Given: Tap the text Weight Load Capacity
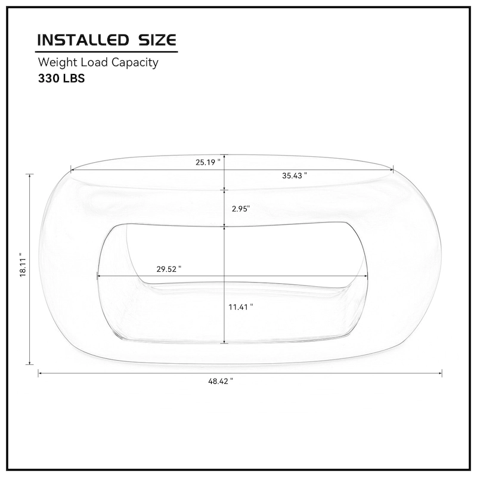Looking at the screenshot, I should click(x=98, y=62).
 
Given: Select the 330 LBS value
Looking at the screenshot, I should click(x=61, y=78).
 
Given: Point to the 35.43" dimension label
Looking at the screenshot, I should click(x=294, y=175).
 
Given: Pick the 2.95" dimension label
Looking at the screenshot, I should click(x=240, y=209).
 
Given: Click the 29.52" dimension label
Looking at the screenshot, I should click(x=169, y=269).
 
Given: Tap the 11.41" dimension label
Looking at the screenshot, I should click(x=241, y=306).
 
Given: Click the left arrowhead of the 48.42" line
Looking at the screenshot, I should click(x=39, y=373).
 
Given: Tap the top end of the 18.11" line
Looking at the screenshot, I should click(x=30, y=174).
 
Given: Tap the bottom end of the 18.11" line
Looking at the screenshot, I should click(x=30, y=364).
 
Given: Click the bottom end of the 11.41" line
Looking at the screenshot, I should click(x=224, y=343).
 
